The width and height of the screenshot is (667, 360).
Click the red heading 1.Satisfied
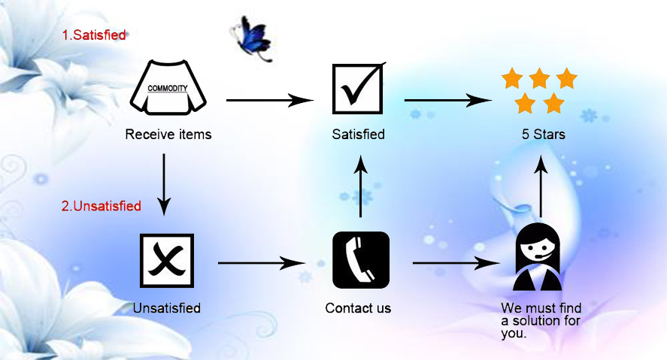[x=93, y=35]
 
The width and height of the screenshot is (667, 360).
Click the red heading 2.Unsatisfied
[x=101, y=206]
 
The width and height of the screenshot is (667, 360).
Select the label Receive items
[x=168, y=135]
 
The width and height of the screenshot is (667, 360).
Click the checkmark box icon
[x=359, y=89]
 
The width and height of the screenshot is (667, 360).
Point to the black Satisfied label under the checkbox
[x=359, y=135]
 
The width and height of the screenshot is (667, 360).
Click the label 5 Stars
[x=539, y=135]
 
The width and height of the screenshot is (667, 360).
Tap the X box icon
[x=167, y=260]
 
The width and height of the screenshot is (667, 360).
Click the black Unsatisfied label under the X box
[x=166, y=308]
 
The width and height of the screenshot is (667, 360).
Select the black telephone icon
[x=361, y=260]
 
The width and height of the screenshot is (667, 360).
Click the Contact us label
[x=358, y=308]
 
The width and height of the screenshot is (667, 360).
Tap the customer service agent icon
[x=538, y=258]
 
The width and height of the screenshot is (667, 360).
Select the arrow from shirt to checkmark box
[x=269, y=100]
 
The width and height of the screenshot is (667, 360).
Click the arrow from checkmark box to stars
[x=448, y=100]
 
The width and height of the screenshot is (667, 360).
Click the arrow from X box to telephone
[x=261, y=263]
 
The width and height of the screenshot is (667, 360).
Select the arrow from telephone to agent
[x=456, y=263]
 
